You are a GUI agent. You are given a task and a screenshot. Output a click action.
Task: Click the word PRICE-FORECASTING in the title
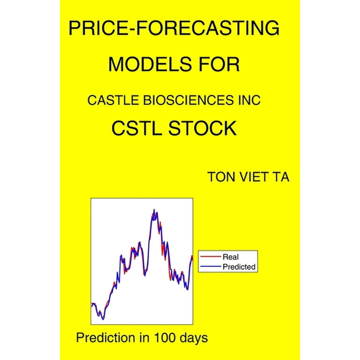click(174, 28)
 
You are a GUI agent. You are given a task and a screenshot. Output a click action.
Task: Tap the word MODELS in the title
click(150, 64)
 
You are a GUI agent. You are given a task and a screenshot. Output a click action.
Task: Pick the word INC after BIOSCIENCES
click(249, 100)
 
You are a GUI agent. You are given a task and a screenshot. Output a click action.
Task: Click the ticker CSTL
click(137, 128)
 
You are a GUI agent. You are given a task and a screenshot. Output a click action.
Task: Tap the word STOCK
click(202, 128)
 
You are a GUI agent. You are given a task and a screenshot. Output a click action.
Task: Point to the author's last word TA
click(281, 177)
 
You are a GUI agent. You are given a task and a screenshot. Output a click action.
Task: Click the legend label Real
click(231, 257)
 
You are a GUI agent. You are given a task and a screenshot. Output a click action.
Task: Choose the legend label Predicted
click(239, 267)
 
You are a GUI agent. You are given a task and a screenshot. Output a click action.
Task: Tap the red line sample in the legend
click(210, 257)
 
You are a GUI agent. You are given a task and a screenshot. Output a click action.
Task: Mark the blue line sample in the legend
click(210, 267)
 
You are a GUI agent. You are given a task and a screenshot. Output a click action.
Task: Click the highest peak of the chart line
click(154, 210)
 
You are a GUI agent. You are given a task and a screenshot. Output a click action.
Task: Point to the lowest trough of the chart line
click(103, 319)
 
